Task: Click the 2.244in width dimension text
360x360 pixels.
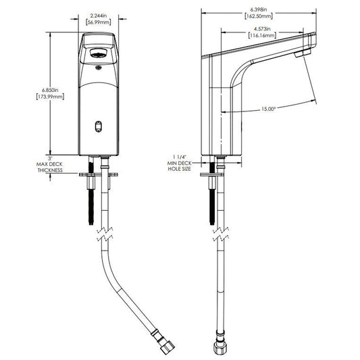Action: click(x=99, y=16)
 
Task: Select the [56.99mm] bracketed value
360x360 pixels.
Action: click(x=98, y=22)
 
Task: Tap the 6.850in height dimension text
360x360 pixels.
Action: click(x=50, y=90)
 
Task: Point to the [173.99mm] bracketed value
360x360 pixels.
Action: click(x=50, y=97)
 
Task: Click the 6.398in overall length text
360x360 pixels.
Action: click(x=259, y=9)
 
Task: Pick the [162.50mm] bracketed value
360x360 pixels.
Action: click(x=259, y=16)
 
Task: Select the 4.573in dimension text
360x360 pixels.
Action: click(x=262, y=29)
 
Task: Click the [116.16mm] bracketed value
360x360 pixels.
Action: click(x=262, y=35)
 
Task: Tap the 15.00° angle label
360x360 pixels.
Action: click(x=268, y=109)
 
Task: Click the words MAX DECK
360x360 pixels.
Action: click(x=49, y=164)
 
